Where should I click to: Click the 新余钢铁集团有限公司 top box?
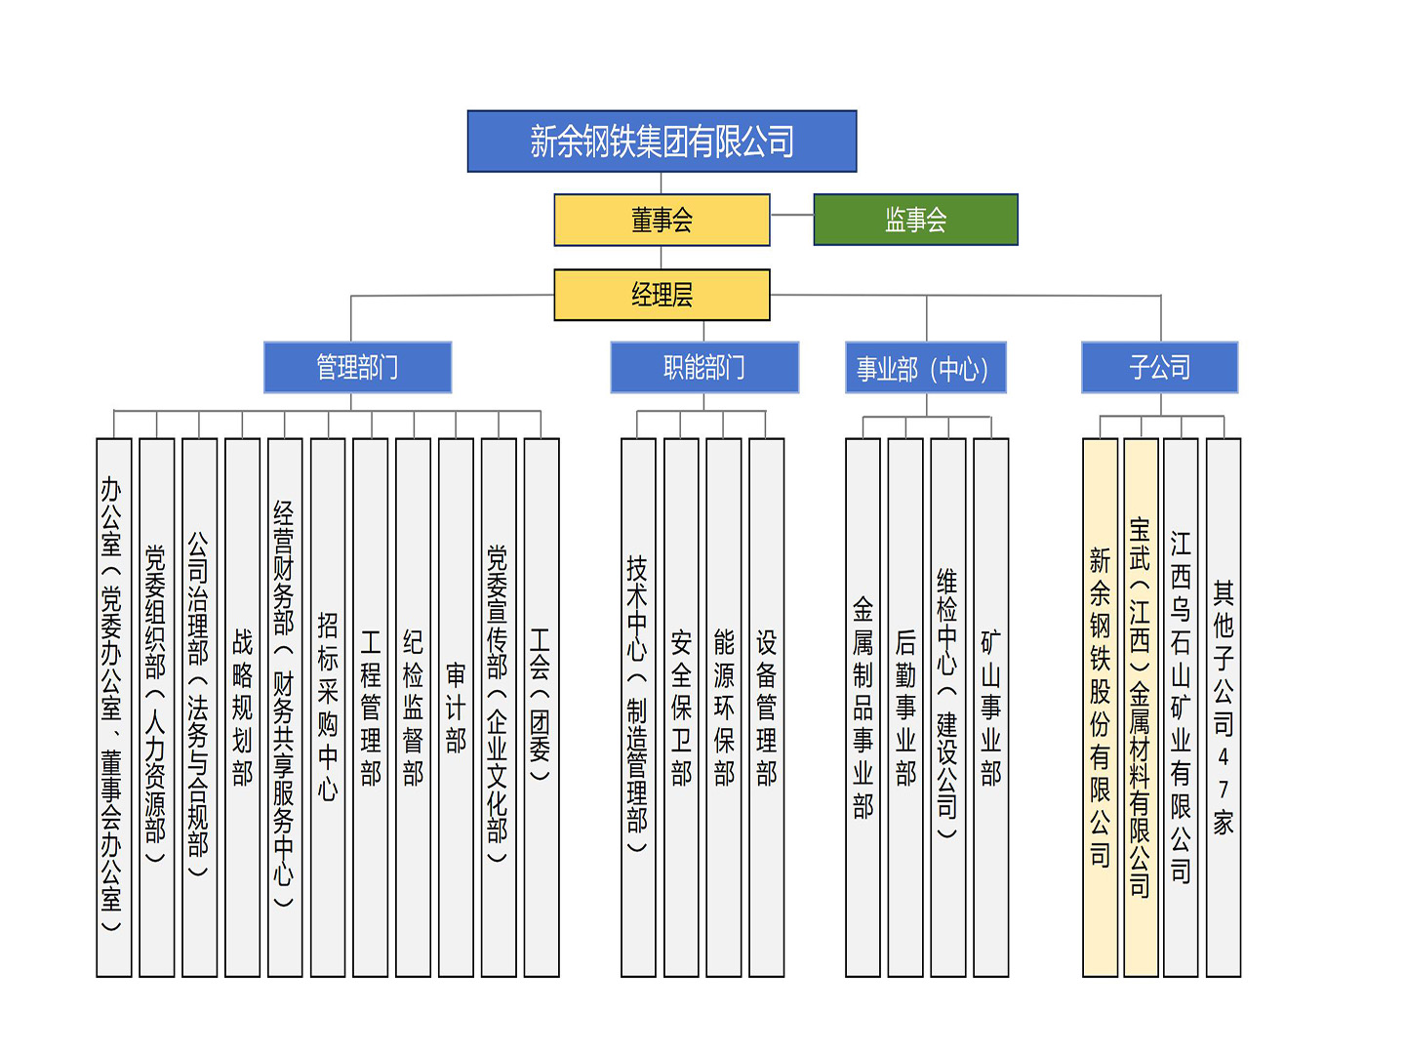[x=662, y=142]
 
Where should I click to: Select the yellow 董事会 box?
[x=662, y=220]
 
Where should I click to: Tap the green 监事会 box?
[x=915, y=220]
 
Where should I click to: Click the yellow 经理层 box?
[x=662, y=295]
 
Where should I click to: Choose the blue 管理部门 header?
[x=357, y=368]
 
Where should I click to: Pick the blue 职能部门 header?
[x=704, y=368]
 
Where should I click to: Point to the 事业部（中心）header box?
[x=925, y=368]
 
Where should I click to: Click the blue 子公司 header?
[x=1159, y=368]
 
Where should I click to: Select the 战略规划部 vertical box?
[x=242, y=708]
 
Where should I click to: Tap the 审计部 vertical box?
[x=456, y=708]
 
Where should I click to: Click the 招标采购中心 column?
[x=328, y=708]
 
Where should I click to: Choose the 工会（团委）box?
[x=541, y=708]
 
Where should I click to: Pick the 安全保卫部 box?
[x=681, y=708]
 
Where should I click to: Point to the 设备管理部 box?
[x=767, y=708]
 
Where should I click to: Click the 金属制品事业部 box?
[x=863, y=708]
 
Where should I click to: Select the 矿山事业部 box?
[x=991, y=708]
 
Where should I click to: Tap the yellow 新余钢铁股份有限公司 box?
[x=1100, y=708]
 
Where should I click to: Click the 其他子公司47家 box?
[x=1224, y=708]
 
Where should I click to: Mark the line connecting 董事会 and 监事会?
[x=791, y=216]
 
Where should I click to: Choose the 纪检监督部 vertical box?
[x=413, y=708]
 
